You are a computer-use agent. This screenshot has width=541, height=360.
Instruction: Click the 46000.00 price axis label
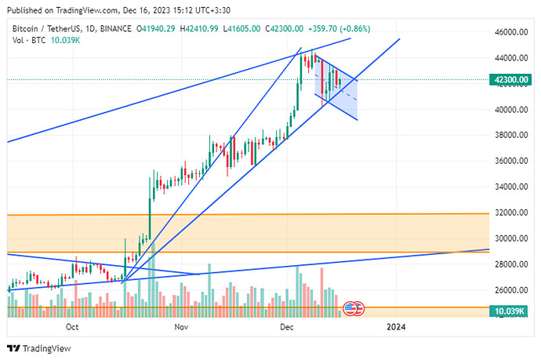[510, 33]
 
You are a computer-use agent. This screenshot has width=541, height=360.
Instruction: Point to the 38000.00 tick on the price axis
[510, 136]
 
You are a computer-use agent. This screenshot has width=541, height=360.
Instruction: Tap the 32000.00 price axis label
[510, 213]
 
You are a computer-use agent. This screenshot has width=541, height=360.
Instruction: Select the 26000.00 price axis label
[510, 290]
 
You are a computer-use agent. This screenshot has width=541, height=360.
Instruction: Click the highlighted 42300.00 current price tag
[510, 79]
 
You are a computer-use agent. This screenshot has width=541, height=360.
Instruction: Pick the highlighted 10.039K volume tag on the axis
[510, 311]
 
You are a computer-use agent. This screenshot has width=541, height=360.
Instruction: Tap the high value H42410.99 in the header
[202, 28]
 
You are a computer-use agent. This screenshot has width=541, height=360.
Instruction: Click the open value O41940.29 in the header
[157, 28]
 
